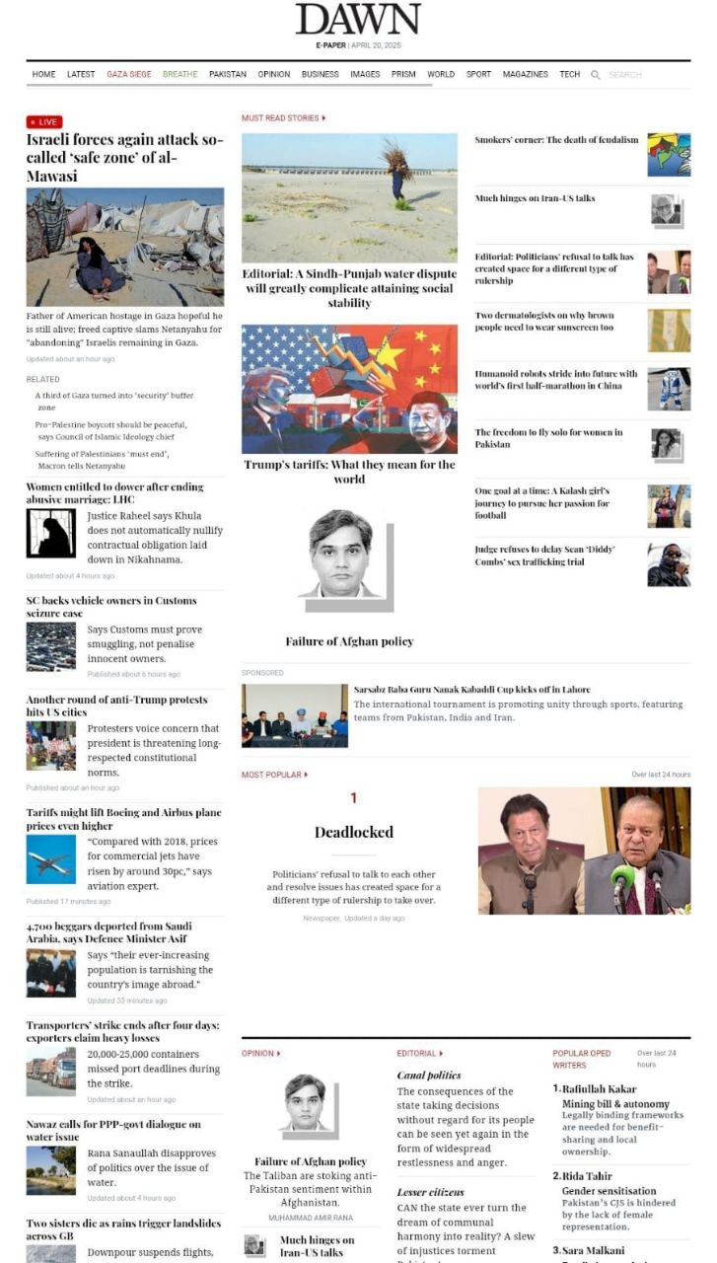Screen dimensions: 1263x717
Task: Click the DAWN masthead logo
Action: pyautogui.click(x=357, y=19)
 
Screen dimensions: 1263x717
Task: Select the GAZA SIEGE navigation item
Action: pyautogui.click(x=129, y=75)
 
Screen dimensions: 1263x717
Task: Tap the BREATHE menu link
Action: pyautogui.click(x=179, y=75)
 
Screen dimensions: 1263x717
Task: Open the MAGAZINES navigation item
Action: pyautogui.click(x=525, y=75)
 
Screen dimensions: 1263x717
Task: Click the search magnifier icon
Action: pyautogui.click(x=596, y=75)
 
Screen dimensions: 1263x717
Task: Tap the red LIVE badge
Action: pyautogui.click(x=44, y=122)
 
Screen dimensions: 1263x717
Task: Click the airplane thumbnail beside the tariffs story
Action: pyautogui.click(x=50, y=859)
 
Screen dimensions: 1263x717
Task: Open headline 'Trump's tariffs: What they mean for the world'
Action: pyautogui.click(x=349, y=472)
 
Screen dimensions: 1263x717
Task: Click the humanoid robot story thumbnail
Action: pyautogui.click(x=669, y=389)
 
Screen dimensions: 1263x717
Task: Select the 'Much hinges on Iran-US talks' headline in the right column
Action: pyautogui.click(x=535, y=198)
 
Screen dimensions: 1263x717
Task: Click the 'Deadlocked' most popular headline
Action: pyautogui.click(x=353, y=832)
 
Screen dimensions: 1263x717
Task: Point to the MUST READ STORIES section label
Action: pyautogui.click(x=282, y=118)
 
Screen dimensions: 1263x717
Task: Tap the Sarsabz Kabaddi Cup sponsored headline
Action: pyautogui.click(x=471, y=690)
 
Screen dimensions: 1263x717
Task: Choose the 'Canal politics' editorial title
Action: pyautogui.click(x=428, y=1076)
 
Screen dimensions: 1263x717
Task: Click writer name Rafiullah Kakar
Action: pyautogui.click(x=599, y=1089)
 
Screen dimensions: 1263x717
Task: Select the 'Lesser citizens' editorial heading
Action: pyautogui.click(x=430, y=1192)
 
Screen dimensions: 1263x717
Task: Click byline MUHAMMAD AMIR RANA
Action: pyautogui.click(x=310, y=1219)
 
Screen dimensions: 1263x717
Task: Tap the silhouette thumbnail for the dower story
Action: pyautogui.click(x=50, y=534)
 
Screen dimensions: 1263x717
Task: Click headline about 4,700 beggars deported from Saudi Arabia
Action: pyautogui.click(x=108, y=931)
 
